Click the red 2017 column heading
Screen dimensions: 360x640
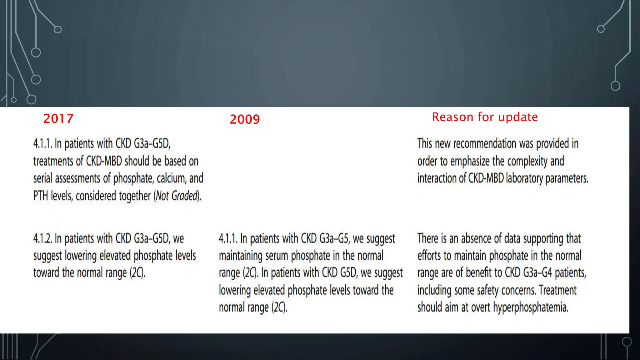tap(58, 119)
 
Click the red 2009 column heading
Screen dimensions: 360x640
tap(245, 119)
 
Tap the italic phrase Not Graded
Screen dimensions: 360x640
tap(177, 196)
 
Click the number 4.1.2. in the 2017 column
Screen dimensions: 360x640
tap(42, 238)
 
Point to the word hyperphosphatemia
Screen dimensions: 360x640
tap(530, 307)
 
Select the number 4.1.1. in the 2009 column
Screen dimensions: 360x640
tap(228, 238)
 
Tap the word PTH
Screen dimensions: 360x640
tap(41, 196)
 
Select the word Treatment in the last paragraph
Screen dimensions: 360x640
tap(557, 290)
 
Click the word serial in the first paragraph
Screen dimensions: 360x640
tap(42, 178)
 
